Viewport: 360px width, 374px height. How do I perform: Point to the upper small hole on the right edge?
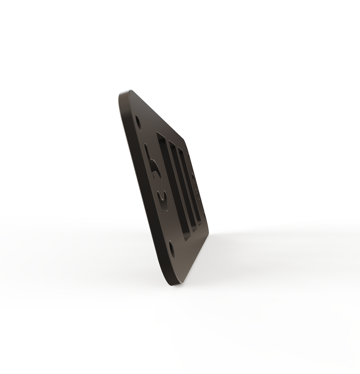[x=193, y=177]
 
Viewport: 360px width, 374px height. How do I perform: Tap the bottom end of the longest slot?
[x=187, y=237]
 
